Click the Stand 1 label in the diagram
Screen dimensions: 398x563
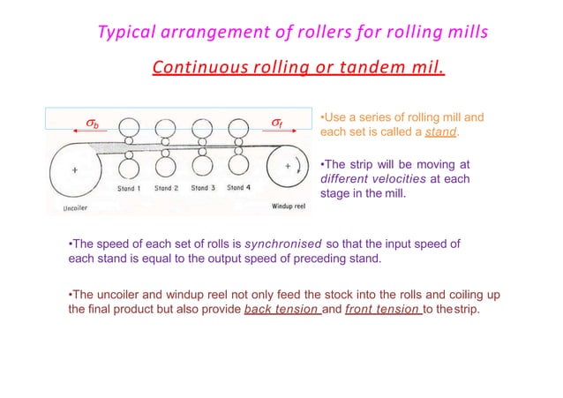pos(131,188)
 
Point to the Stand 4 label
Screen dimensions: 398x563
pos(236,188)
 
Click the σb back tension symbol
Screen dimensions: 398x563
pos(90,124)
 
